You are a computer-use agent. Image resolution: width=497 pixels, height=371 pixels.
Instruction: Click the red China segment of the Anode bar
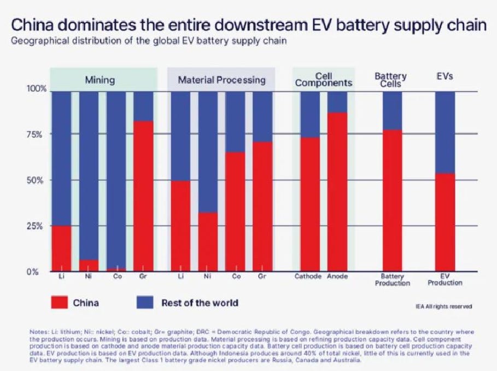click(337, 192)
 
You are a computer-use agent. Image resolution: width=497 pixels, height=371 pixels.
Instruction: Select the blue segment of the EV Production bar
click(445, 132)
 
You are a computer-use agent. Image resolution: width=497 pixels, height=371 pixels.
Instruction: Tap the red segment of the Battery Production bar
click(393, 201)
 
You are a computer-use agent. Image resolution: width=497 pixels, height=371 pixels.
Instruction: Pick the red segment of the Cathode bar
click(310, 204)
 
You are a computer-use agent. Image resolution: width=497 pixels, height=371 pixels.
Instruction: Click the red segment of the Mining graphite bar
click(143, 196)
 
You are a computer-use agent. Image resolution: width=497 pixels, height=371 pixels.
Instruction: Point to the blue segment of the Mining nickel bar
click(89, 176)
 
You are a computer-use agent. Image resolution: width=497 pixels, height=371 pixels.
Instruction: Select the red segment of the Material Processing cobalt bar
click(235, 211)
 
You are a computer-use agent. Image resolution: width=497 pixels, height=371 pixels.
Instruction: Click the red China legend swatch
click(59, 302)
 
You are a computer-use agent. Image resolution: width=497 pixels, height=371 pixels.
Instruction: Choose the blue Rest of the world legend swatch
click(145, 302)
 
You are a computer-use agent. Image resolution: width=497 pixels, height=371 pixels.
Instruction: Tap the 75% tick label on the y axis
click(34, 134)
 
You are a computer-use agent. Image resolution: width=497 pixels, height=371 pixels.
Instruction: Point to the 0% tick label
click(32, 272)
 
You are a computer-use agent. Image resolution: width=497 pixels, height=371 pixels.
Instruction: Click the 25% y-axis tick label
click(34, 226)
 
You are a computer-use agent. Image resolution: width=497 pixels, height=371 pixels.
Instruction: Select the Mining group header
click(100, 80)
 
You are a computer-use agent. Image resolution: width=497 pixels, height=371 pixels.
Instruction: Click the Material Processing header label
click(221, 80)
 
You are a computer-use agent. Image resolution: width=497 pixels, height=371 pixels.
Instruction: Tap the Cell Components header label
click(324, 80)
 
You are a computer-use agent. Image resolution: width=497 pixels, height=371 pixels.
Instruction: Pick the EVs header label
click(445, 76)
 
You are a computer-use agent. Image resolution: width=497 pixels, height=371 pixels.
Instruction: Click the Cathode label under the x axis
click(308, 276)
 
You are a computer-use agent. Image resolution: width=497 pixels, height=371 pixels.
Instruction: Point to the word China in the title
click(32, 25)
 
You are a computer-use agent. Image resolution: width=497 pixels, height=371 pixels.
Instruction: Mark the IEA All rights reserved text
click(444, 307)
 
